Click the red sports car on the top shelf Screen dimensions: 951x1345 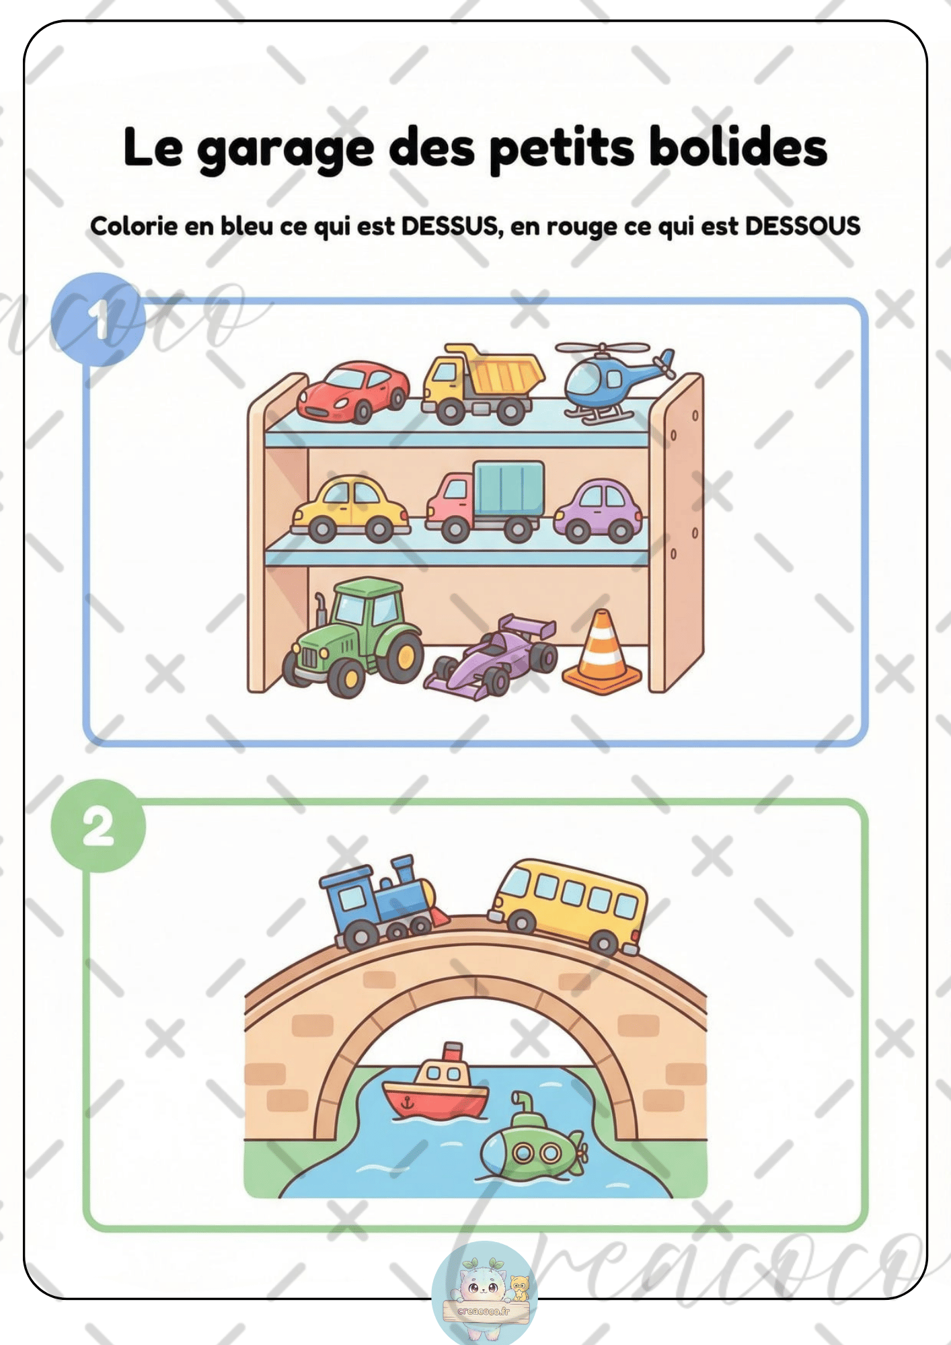[x=352, y=391]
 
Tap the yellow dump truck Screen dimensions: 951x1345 [x=482, y=385]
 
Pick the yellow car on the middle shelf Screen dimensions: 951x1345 [x=350, y=509]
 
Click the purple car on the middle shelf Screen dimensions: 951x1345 [x=598, y=510]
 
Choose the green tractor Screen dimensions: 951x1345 [x=352, y=636]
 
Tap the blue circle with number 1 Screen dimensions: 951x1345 [x=98, y=319]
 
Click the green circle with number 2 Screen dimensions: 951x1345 [x=98, y=826]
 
